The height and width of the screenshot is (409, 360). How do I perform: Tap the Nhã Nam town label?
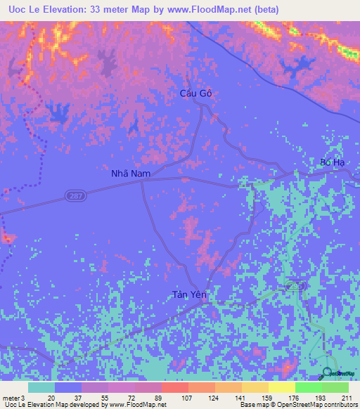click(x=130, y=173)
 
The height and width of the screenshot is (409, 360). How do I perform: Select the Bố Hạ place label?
click(x=332, y=162)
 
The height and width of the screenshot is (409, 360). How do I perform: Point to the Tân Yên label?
click(x=190, y=295)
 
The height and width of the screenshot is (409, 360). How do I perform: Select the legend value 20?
click(x=51, y=397)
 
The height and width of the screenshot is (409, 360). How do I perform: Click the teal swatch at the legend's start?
click(x=41, y=387)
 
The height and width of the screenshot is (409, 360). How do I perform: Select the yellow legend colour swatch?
click(x=282, y=387)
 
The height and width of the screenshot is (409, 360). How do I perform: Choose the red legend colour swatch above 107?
click(x=174, y=387)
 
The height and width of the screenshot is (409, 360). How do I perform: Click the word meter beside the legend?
click(x=11, y=397)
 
